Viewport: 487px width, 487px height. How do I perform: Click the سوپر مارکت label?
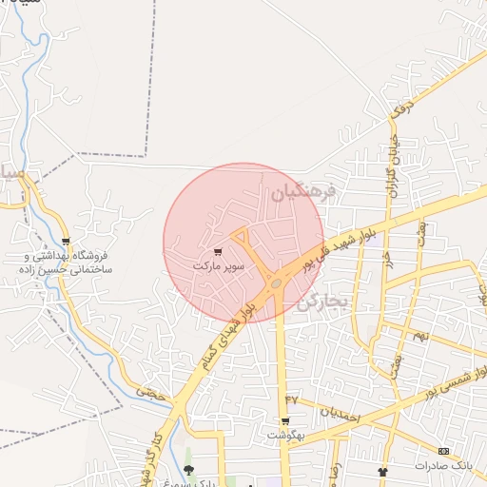[219, 266]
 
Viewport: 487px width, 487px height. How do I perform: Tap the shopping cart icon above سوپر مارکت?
[219, 253]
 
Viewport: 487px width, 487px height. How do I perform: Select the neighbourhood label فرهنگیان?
[304, 193]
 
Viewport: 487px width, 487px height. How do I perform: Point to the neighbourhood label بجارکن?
[325, 302]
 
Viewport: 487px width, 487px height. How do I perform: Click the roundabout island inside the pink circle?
[276, 283]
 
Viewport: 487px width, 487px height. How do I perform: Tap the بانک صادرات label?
[443, 465]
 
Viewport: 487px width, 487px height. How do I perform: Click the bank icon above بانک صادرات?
[443, 451]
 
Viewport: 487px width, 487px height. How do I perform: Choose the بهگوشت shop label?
[284, 435]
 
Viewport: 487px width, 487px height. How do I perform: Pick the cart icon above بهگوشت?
[284, 420]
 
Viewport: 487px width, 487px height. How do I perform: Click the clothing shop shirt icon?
[382, 471]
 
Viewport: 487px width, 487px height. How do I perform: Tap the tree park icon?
[188, 470]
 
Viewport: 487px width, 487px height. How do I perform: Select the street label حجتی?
[149, 390]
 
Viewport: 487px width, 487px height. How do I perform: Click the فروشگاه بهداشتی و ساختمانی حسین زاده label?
[65, 263]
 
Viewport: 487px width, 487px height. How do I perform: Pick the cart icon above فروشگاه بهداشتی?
[65, 243]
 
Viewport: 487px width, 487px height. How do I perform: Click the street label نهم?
[419, 336]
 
